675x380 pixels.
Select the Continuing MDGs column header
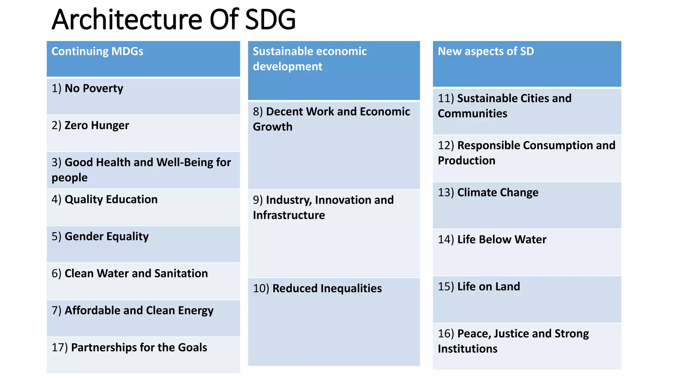97,51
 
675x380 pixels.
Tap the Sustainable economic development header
309,59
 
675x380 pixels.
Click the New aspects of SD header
485,51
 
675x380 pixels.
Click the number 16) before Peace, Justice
446,333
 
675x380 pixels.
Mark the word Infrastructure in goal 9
289,215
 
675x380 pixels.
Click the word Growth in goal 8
273,127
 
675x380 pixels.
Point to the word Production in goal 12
466,161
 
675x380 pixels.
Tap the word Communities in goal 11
472,113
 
